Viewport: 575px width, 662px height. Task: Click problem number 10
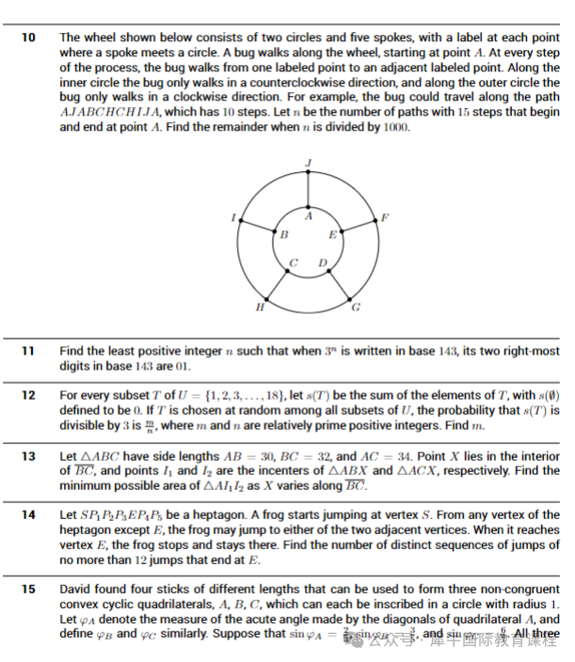[x=28, y=37]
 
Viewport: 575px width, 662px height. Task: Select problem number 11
[x=28, y=351]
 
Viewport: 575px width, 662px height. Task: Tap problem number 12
[x=28, y=396]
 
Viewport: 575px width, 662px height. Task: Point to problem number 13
[x=28, y=456]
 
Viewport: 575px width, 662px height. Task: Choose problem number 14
[x=28, y=515]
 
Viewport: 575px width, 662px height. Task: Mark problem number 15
[x=28, y=590]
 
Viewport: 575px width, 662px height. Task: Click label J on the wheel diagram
[x=309, y=164]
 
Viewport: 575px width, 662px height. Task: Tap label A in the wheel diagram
[x=309, y=216]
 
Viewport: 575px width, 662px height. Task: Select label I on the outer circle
[x=232, y=217]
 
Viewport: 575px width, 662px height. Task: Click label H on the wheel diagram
[x=260, y=307]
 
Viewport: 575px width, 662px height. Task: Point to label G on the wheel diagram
[x=356, y=307]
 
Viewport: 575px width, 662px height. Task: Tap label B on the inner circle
[x=283, y=234]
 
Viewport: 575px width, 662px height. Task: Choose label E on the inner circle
[x=332, y=234]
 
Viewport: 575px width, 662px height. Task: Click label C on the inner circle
[x=294, y=262]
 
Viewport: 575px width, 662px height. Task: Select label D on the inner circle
[x=323, y=262]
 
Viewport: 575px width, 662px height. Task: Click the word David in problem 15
[x=77, y=590]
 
